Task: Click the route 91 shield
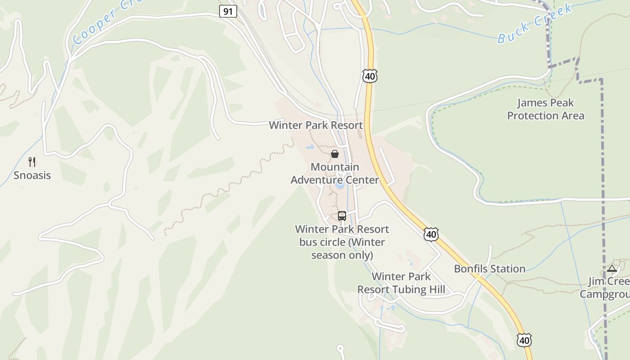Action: pos(228,11)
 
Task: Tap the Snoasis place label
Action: pos(32,175)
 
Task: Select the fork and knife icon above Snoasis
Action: pos(32,162)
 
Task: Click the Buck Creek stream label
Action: pos(535,23)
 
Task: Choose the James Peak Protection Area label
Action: pos(545,109)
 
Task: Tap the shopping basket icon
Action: pos(335,154)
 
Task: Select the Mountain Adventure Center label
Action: pos(335,174)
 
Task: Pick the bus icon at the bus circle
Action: pos(342,216)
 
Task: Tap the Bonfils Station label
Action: pos(490,269)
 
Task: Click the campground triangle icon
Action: pos(611,269)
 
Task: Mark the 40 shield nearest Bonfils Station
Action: pos(431,234)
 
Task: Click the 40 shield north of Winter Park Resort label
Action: pos(370,76)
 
